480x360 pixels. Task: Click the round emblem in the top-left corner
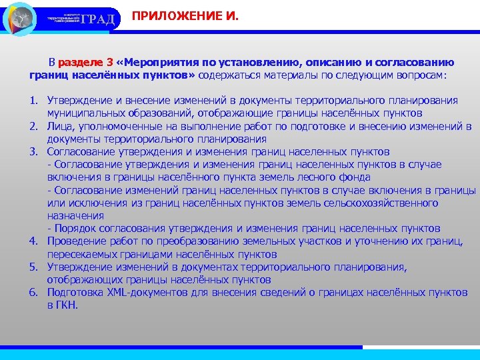20,18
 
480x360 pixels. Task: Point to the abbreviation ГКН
66,305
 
